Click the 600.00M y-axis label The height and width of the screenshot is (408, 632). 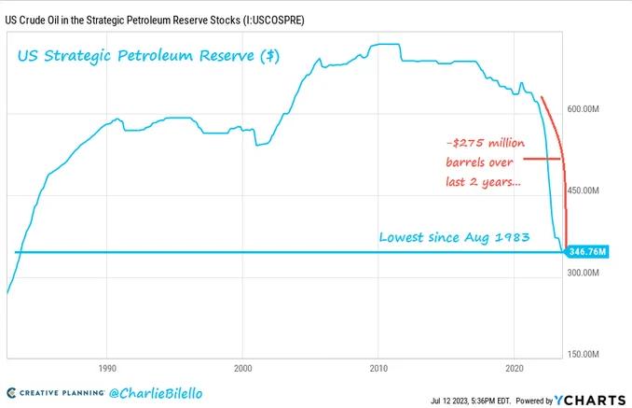click(583, 109)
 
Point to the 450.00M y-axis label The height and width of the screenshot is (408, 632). click(583, 190)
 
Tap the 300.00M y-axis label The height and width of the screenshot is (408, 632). click(583, 273)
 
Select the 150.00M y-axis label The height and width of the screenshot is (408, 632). click(583, 355)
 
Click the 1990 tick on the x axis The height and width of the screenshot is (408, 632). click(107, 369)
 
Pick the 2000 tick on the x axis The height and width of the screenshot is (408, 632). click(242, 369)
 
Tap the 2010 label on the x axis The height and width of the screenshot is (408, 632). click(378, 369)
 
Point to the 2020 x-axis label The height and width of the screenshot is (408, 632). click(515, 369)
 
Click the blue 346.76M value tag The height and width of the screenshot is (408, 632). click(587, 252)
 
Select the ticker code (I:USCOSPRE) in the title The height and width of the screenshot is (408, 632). click(273, 21)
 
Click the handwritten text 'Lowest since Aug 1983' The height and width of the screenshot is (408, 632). click(454, 237)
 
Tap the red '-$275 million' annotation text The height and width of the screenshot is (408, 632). click(486, 143)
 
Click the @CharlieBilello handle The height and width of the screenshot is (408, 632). click(156, 393)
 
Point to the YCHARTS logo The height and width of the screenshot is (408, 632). click(590, 401)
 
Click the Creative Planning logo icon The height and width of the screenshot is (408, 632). click(12, 393)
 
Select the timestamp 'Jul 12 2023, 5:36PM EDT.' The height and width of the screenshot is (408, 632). click(471, 401)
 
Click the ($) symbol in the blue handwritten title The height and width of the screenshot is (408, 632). click(269, 56)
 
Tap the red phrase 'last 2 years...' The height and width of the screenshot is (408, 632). click(483, 182)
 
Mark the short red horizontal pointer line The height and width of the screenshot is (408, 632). click(543, 159)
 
